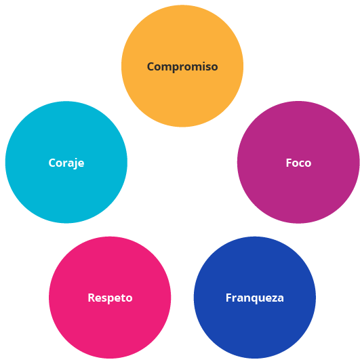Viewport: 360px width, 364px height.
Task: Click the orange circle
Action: (x=182, y=66)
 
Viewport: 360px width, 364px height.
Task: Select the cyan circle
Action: (x=66, y=162)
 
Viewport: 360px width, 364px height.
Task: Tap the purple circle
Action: (x=298, y=162)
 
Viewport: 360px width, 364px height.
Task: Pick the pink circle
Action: (x=110, y=298)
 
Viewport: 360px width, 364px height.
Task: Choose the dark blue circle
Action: (x=255, y=298)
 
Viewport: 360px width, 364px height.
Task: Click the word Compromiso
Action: (x=182, y=67)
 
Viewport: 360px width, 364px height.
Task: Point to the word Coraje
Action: (x=66, y=163)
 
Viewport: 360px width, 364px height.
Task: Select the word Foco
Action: (x=298, y=163)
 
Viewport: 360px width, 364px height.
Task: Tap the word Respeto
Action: (x=110, y=298)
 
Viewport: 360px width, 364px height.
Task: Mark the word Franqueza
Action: (x=255, y=298)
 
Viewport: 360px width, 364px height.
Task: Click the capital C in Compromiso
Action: (x=151, y=66)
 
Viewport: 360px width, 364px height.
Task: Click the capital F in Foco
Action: (x=289, y=163)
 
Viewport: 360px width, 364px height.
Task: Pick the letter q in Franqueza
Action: (x=258, y=299)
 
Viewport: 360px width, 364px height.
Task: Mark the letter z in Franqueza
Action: (x=274, y=299)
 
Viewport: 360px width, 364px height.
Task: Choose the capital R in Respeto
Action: (x=92, y=298)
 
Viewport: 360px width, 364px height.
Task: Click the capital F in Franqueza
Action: (x=228, y=298)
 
